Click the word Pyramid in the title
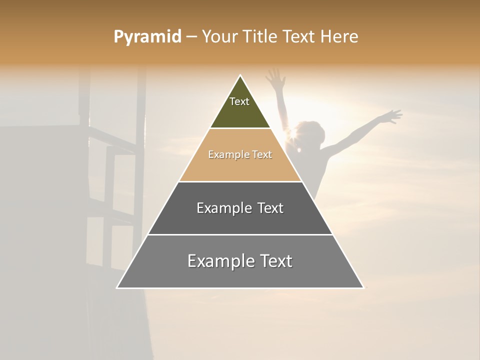147,37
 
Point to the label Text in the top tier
239,101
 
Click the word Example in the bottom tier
221,261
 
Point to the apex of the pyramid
240,76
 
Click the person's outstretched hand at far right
392,116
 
